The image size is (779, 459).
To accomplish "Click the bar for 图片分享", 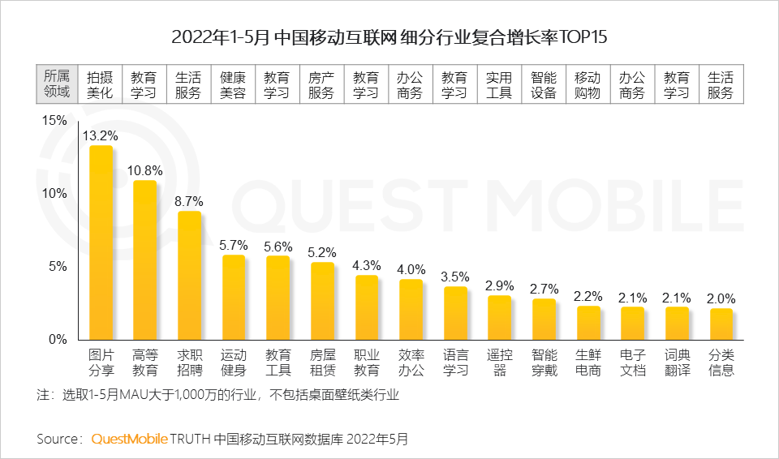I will (101, 243).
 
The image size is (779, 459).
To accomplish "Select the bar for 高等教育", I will (145, 260).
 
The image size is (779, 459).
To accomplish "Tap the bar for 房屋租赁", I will (322, 301).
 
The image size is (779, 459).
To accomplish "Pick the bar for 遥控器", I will (500, 318).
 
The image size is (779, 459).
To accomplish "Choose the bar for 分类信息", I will (721, 324).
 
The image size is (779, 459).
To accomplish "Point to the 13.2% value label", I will (101, 135).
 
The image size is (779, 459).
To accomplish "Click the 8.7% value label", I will (189, 201).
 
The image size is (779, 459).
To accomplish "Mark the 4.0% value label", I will (411, 269).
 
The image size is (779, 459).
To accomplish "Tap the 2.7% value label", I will (544, 289).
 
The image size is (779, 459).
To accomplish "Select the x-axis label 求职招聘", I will (189, 362).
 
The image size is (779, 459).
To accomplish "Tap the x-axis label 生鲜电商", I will (588, 362).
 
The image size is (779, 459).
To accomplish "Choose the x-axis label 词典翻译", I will (677, 362).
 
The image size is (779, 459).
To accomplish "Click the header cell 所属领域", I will (57, 84).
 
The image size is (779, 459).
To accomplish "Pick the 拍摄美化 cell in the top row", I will (100, 84).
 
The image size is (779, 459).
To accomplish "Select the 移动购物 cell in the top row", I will (587, 84).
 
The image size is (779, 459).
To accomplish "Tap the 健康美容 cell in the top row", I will (233, 84).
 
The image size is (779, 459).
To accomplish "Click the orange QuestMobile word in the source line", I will (129, 439).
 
